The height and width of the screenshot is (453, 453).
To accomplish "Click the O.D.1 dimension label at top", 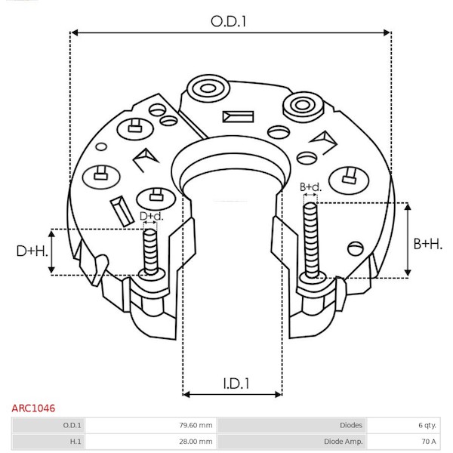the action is coord(228,22).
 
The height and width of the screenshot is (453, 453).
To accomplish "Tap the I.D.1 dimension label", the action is coord(236,384).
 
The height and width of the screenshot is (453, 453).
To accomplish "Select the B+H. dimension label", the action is coord(427,244).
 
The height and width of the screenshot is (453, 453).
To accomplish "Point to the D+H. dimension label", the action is coord(32,251).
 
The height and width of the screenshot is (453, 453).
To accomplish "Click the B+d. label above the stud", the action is coord(310,187).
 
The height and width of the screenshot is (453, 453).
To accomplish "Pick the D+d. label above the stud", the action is coord(152,216).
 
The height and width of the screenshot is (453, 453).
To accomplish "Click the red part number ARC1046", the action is coord(33,408).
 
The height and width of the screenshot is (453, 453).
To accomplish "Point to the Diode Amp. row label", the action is coord(343,442).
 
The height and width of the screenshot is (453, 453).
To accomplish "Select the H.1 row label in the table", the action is coord(75,442).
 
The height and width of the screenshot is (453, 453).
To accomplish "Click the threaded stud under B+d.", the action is coord(311,240).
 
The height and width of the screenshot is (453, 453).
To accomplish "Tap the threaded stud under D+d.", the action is coord(150,251).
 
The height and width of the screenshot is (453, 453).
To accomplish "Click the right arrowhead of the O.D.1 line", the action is coord(387,32).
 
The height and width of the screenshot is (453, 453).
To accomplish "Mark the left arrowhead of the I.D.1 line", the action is coord(186,394).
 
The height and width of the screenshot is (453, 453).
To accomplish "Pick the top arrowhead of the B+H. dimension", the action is coord(408,207).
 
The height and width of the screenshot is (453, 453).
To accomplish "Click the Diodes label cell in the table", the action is coord(351,425).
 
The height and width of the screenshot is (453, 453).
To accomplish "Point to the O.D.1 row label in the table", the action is coord(72,425).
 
